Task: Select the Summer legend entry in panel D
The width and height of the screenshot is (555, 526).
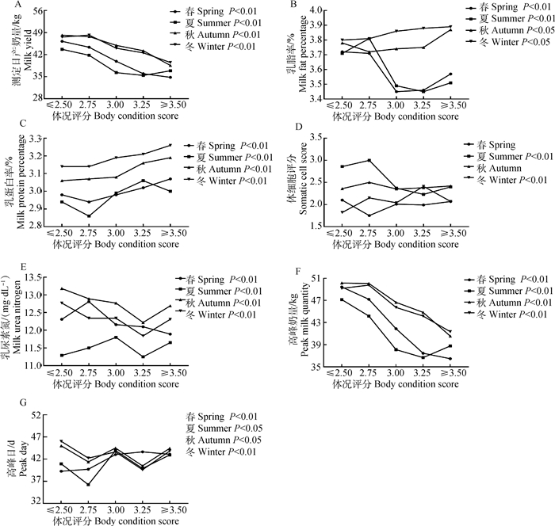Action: point(476,157)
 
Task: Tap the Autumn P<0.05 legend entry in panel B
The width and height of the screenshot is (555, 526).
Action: point(496,29)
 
